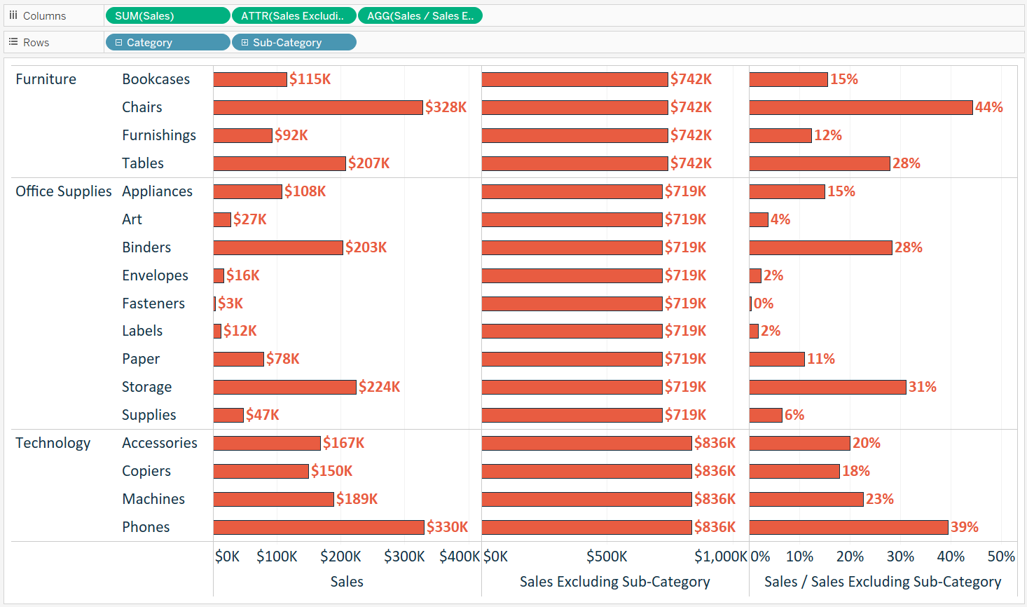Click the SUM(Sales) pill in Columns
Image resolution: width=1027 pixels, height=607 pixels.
[167, 15]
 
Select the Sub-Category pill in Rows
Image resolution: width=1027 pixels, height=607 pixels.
[294, 43]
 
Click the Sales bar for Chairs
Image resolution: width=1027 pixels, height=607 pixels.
[318, 107]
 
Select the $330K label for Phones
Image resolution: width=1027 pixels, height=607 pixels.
[447, 527]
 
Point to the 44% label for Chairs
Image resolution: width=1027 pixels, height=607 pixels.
[988, 107]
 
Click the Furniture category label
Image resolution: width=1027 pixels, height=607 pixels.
[46, 79]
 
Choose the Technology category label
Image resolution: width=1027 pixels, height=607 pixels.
[53, 443]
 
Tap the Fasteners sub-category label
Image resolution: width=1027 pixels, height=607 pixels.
[153, 303]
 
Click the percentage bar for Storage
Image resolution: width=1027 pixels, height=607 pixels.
[827, 387]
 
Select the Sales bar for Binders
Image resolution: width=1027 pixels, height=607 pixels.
[278, 247]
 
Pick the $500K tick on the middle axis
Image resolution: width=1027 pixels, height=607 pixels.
[607, 557]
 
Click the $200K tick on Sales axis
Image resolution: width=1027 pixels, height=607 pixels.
[340, 557]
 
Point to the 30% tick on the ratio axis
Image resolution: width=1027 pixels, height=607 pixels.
[900, 557]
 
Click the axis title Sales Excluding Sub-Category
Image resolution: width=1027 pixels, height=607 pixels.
[614, 582]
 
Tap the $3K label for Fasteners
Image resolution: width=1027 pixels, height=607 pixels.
[230, 303]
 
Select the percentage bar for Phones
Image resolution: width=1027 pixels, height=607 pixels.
[848, 527]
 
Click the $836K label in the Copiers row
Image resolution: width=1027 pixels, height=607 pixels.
[715, 471]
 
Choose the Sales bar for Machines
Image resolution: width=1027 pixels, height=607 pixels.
[273, 499]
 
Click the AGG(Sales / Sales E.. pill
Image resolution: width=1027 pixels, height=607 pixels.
[420, 15]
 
